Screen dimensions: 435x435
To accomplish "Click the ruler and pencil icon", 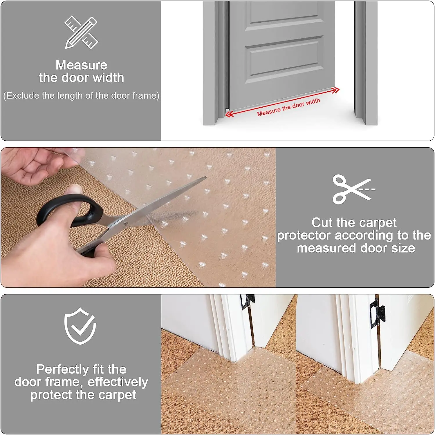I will (x=81, y=32).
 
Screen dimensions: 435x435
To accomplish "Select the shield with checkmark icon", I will (x=80, y=326).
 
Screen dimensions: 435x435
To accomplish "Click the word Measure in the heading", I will (x=81, y=65).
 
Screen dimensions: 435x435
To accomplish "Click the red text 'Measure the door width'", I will (x=288, y=107).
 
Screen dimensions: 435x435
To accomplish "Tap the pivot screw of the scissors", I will (x=126, y=223).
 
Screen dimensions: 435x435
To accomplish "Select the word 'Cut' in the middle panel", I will (x=322, y=223).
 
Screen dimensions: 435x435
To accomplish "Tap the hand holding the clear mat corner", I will (x=32, y=165).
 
